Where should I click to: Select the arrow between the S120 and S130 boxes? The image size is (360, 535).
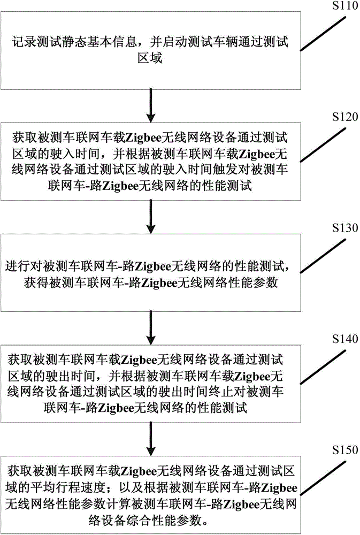pyautogui.click(x=151, y=216)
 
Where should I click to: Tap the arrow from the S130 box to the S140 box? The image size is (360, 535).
pyautogui.click(x=151, y=327)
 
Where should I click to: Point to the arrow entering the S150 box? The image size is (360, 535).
pyautogui.click(x=151, y=438)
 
